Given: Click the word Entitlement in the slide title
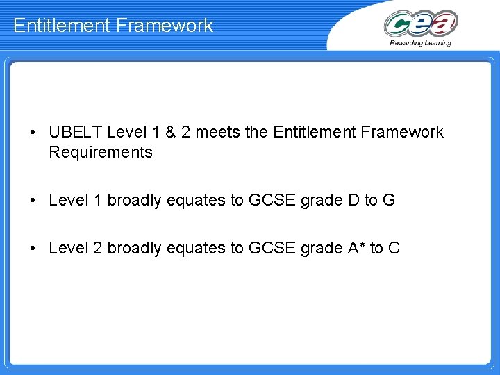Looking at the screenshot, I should (62, 26).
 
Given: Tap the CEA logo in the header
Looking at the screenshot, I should (421, 23).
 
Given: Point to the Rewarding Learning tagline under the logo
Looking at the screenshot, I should (421, 43).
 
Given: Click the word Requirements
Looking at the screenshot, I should (101, 152).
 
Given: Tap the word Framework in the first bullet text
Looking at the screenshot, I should (405, 132).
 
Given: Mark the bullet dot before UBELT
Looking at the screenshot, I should (33, 133).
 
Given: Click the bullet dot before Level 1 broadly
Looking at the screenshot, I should (33, 201).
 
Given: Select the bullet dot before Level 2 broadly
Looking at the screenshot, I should (33, 249).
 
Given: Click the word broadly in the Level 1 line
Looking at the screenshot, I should (134, 200).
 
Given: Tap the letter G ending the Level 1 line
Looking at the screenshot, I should (389, 200).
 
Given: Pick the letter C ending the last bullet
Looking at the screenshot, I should (394, 248).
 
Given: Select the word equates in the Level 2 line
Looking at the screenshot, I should (195, 248).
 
